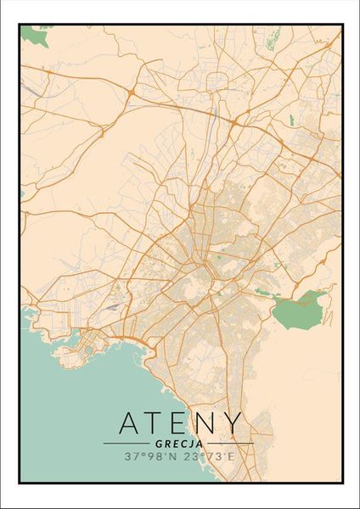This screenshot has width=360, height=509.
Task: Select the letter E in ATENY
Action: [181, 422]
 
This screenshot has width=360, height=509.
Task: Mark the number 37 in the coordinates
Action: [132, 456]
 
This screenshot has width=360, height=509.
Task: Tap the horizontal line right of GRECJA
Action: [230, 443]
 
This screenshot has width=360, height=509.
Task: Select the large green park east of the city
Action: [299, 310]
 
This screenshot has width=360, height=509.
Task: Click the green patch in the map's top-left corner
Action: [35, 36]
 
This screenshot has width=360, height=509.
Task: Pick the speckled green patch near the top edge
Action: [273, 36]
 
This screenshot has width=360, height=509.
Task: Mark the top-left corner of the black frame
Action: [20, 25]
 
